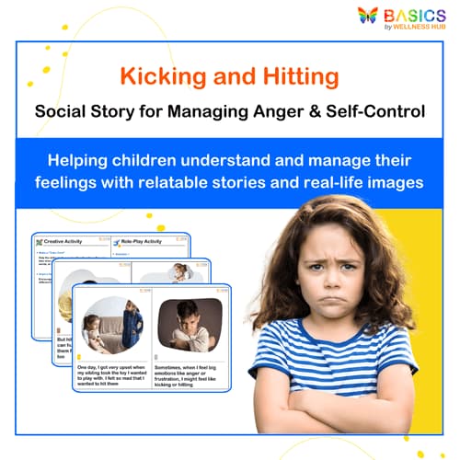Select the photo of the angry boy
[190, 325]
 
